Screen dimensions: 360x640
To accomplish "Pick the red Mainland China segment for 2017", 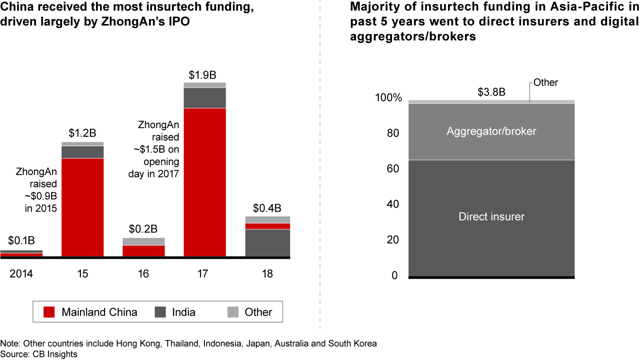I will [x=204, y=182].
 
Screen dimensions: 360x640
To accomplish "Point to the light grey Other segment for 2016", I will [x=144, y=241].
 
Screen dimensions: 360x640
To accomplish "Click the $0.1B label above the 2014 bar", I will [x=21, y=241].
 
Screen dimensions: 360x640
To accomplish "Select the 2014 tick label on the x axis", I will [x=21, y=273].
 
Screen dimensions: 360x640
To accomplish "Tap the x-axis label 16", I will [x=144, y=273].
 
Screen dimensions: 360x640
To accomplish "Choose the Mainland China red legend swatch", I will [x=49, y=312].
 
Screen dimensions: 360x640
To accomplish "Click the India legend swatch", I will [x=161, y=312].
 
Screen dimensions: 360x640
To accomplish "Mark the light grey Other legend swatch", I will [x=233, y=312].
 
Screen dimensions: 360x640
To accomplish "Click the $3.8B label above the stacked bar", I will [x=491, y=92].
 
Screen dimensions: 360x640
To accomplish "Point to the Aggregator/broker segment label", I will [x=492, y=131].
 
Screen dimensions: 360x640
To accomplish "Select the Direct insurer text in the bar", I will [x=492, y=217].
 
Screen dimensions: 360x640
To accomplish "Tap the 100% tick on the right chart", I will [x=388, y=98].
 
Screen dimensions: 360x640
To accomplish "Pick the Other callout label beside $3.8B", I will [x=546, y=83].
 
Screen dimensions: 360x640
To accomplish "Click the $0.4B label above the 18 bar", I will [x=267, y=208].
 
